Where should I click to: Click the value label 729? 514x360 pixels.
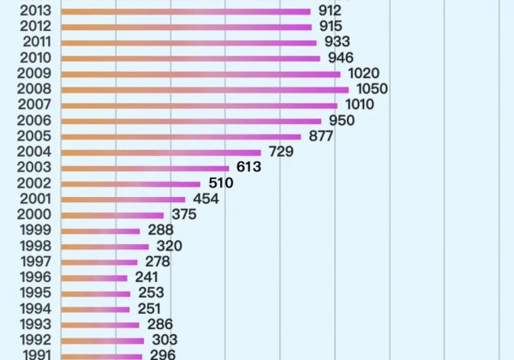coord(281,152)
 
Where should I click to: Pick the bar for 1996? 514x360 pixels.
coord(95,278)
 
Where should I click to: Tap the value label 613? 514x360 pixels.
coord(248,167)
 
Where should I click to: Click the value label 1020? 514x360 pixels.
coord(363,74)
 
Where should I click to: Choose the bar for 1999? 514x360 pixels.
coord(101,231)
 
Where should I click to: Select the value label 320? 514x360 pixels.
coord(169,246)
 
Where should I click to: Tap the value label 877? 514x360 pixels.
coord(321,136)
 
